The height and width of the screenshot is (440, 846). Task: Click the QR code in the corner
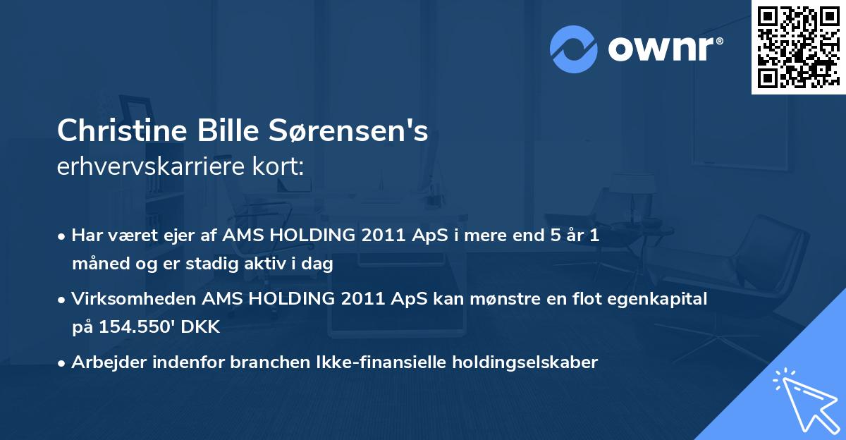[x=798, y=47]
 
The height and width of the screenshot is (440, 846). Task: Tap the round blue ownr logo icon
[x=574, y=49]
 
